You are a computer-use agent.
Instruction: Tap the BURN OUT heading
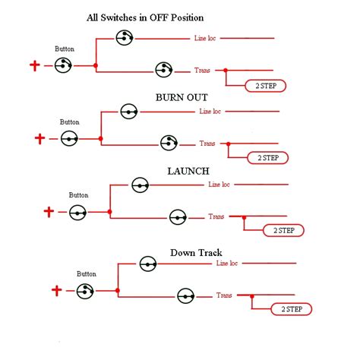(182, 98)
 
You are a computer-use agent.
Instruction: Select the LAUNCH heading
(188, 171)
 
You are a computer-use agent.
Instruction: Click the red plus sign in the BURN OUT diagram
(40, 138)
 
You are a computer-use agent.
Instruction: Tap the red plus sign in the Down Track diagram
(56, 289)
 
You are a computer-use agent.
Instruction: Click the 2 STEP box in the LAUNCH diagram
(283, 230)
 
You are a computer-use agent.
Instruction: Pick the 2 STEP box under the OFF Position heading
(265, 86)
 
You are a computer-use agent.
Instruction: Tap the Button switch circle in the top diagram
(63, 66)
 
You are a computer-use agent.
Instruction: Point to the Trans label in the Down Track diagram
(224, 295)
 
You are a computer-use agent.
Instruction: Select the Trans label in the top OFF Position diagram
(203, 70)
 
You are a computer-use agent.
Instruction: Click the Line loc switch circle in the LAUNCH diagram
(140, 185)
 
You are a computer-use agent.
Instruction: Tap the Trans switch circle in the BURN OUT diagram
(169, 142)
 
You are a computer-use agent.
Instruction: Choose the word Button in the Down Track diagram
(87, 273)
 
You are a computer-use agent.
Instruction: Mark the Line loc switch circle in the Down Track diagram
(147, 264)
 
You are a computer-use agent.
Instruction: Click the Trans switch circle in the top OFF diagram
(163, 70)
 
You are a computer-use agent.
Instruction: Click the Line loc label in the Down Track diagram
(227, 264)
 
